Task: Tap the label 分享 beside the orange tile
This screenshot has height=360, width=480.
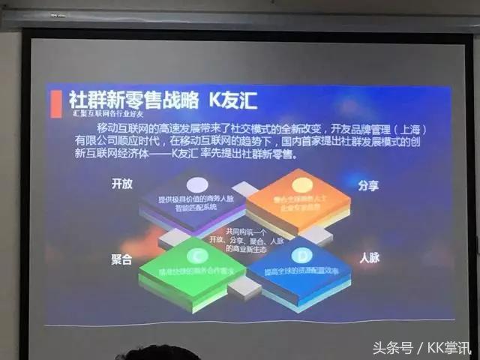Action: point(368,184)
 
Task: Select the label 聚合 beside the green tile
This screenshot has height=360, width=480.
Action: point(121,259)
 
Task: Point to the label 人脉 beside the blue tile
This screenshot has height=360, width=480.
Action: point(369,258)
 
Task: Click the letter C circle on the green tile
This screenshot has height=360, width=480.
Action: point(196,253)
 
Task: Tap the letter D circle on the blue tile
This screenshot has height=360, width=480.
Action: point(299,253)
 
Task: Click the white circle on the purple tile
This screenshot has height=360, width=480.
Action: point(196,184)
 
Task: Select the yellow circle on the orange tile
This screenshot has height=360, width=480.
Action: point(301,184)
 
